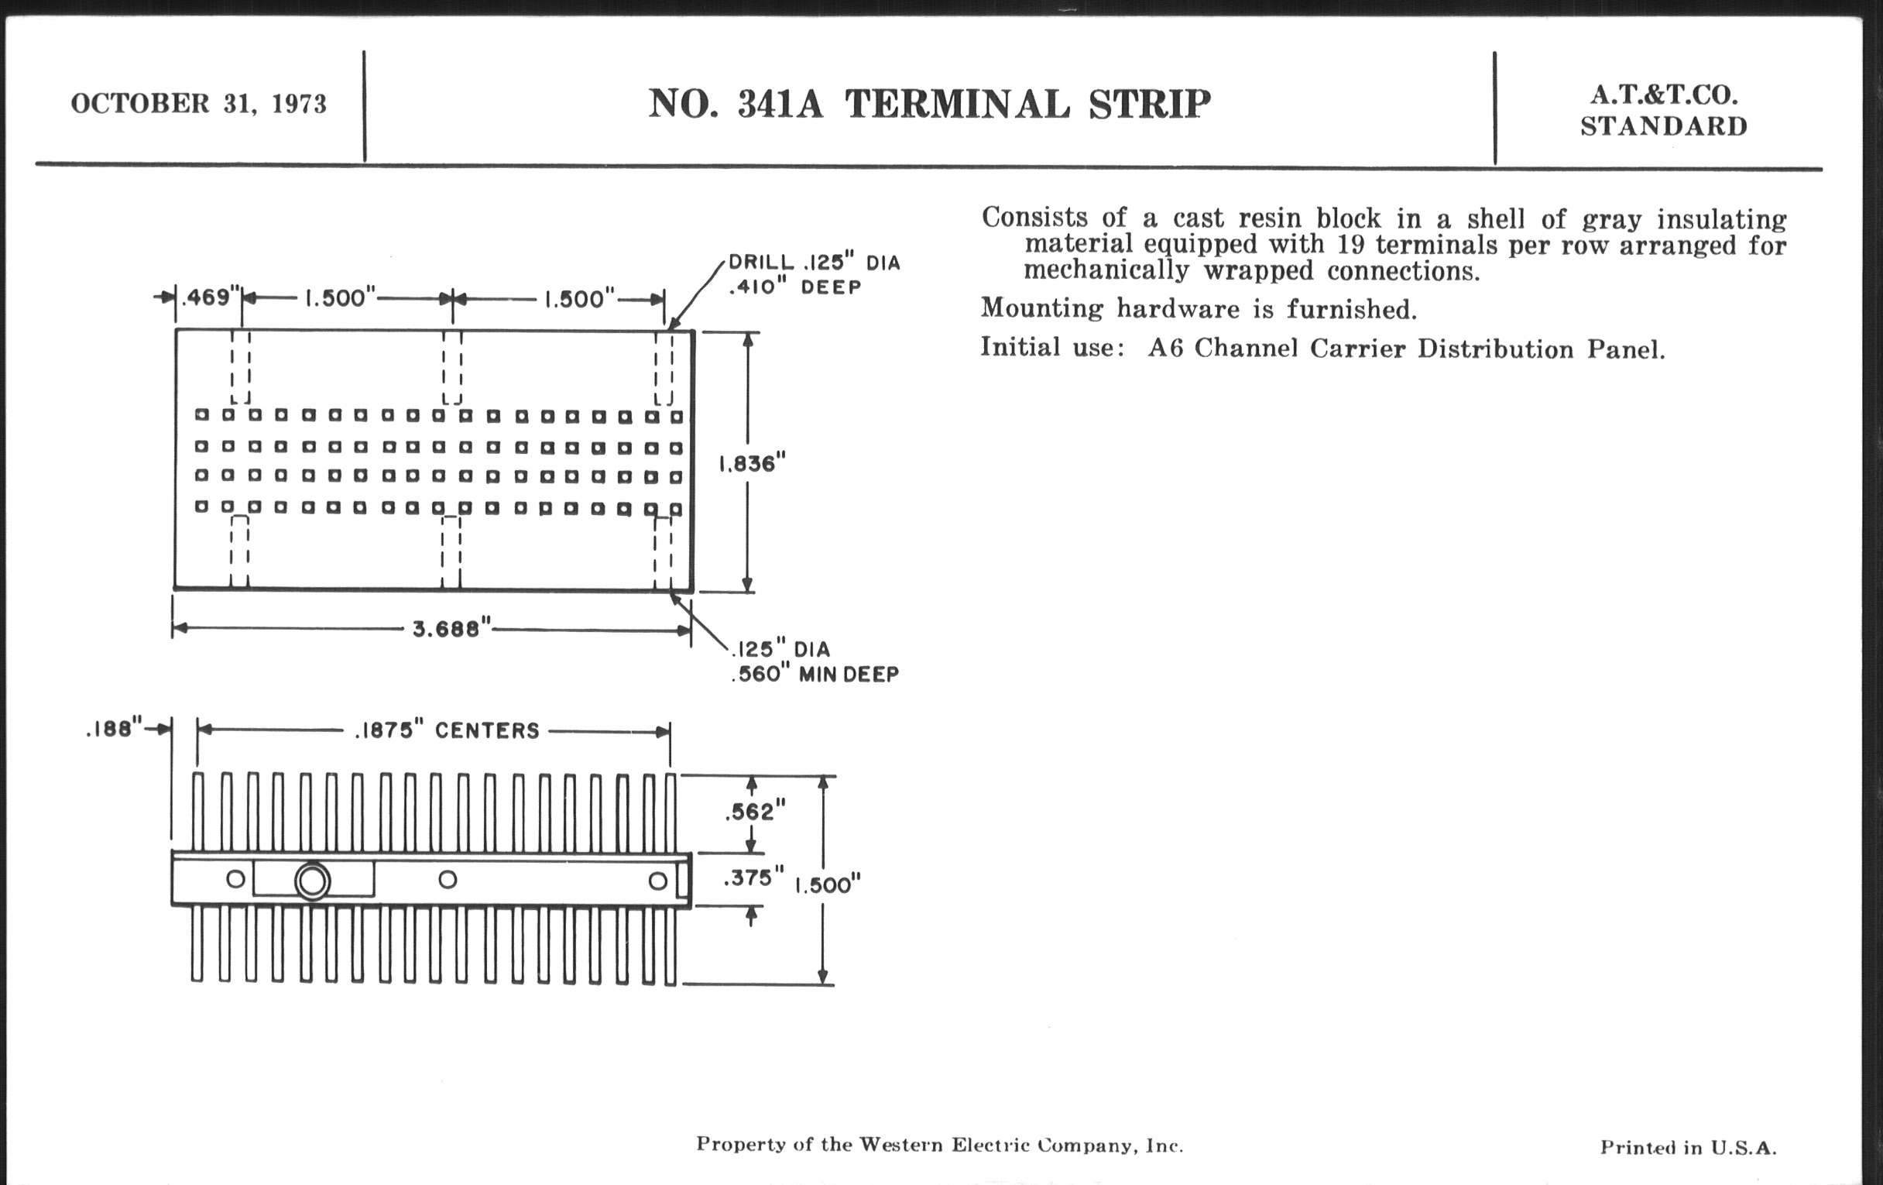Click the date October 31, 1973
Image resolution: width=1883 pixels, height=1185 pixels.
click(x=199, y=104)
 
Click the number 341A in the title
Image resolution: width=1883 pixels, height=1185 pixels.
click(x=780, y=104)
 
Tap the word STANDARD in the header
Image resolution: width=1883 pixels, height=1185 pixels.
click(x=1663, y=127)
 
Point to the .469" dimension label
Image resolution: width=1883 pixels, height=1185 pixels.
click(x=209, y=297)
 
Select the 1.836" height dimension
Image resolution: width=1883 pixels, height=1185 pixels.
click(x=752, y=464)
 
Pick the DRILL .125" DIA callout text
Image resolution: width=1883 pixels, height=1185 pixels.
click(x=814, y=263)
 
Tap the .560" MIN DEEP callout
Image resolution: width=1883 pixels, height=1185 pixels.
click(x=815, y=675)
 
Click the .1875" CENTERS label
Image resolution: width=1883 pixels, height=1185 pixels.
click(x=447, y=730)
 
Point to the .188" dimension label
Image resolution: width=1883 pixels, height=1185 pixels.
click(x=114, y=730)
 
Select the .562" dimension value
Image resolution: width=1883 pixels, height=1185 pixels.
click(x=754, y=812)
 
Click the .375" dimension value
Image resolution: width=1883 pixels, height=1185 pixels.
click(x=753, y=878)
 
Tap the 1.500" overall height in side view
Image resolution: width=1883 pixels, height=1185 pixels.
click(x=828, y=884)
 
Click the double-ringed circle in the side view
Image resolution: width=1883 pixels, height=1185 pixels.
click(x=312, y=881)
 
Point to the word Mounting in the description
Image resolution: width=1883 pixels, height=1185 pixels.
click(x=1041, y=308)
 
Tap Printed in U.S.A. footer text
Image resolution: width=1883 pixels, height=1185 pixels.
click(x=1688, y=1148)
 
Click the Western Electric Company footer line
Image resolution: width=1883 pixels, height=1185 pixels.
click(x=939, y=1145)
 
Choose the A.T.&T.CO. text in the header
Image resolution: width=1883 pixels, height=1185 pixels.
click(x=1663, y=95)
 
